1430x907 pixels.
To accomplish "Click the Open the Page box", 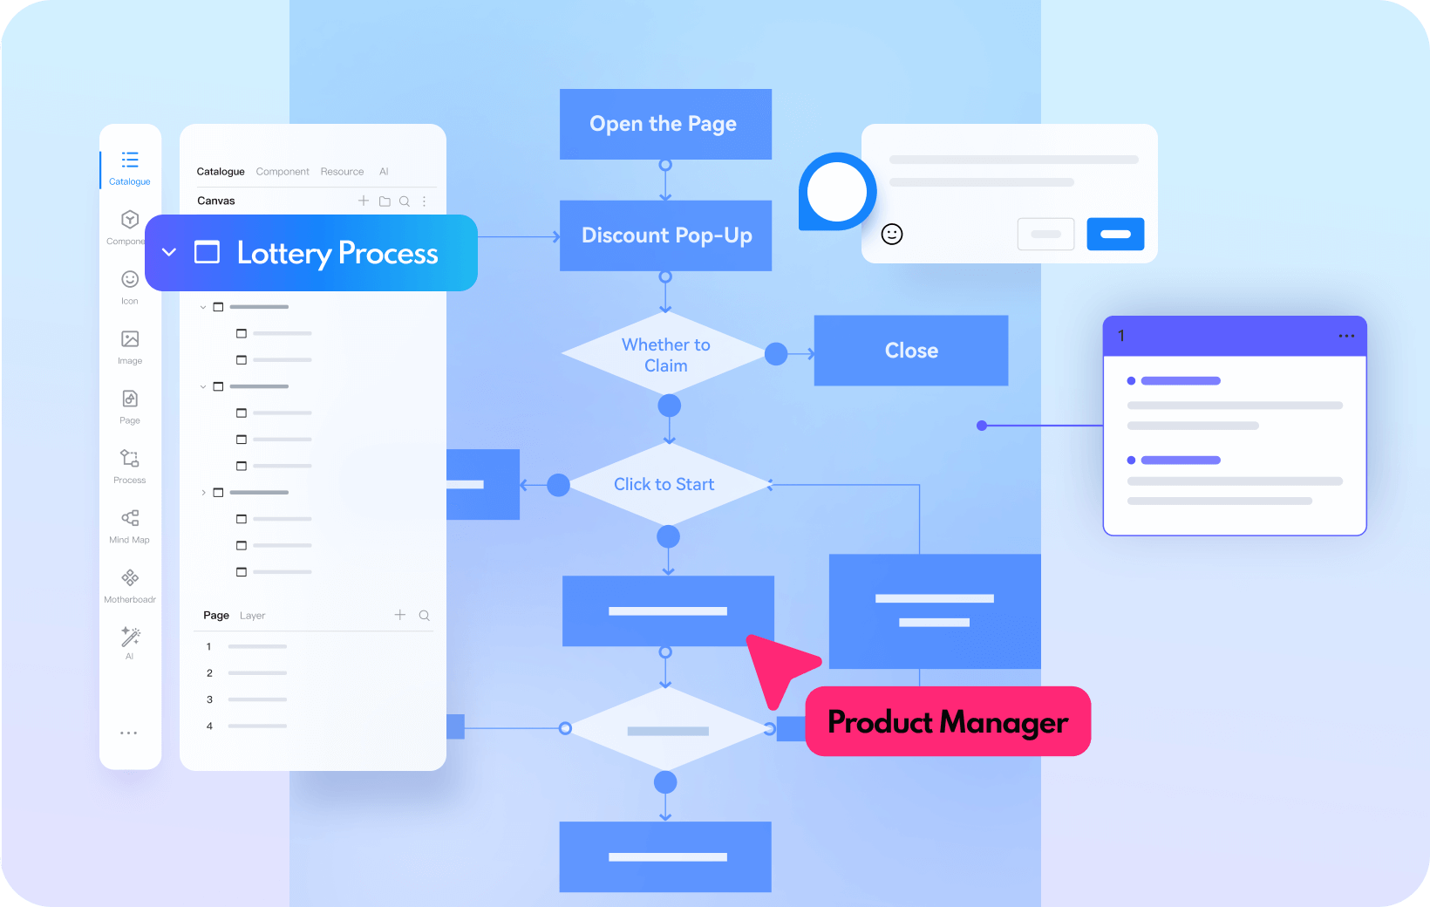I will [664, 124].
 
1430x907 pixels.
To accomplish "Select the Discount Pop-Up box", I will [666, 235].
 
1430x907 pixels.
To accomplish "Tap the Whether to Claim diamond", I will [665, 354].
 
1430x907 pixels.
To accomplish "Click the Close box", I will [911, 351].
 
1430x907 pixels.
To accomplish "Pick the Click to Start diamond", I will [664, 484].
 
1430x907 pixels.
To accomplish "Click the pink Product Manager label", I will [948, 721].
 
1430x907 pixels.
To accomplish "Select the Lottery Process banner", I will [311, 253].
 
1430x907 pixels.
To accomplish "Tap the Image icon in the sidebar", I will [130, 339].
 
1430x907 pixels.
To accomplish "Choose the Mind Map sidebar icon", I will [130, 519].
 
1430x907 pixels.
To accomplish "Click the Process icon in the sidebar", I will [130, 459].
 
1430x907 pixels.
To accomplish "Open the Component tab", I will [283, 172].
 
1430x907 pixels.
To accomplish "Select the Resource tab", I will [342, 172].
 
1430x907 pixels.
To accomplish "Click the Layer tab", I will [253, 616].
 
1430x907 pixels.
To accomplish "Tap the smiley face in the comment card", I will [892, 234].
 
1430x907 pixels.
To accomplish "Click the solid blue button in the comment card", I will [1115, 234].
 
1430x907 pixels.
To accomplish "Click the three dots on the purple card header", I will [1346, 336].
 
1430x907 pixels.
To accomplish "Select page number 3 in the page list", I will [209, 699].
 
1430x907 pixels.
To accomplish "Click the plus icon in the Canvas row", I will [364, 201].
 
